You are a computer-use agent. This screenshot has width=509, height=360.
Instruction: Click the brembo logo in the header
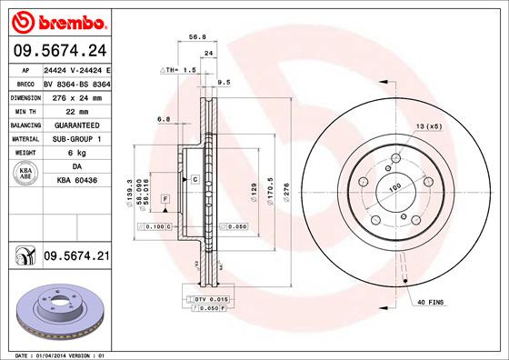click(56, 20)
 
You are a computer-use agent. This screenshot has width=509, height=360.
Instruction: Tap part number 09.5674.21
click(76, 257)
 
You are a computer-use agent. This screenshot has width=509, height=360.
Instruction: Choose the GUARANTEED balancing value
click(76, 125)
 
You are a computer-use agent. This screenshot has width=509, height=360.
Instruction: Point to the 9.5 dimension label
click(225, 83)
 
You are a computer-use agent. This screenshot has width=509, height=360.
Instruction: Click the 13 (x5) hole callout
click(429, 126)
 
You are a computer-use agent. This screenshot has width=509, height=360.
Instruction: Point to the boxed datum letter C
click(195, 181)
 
